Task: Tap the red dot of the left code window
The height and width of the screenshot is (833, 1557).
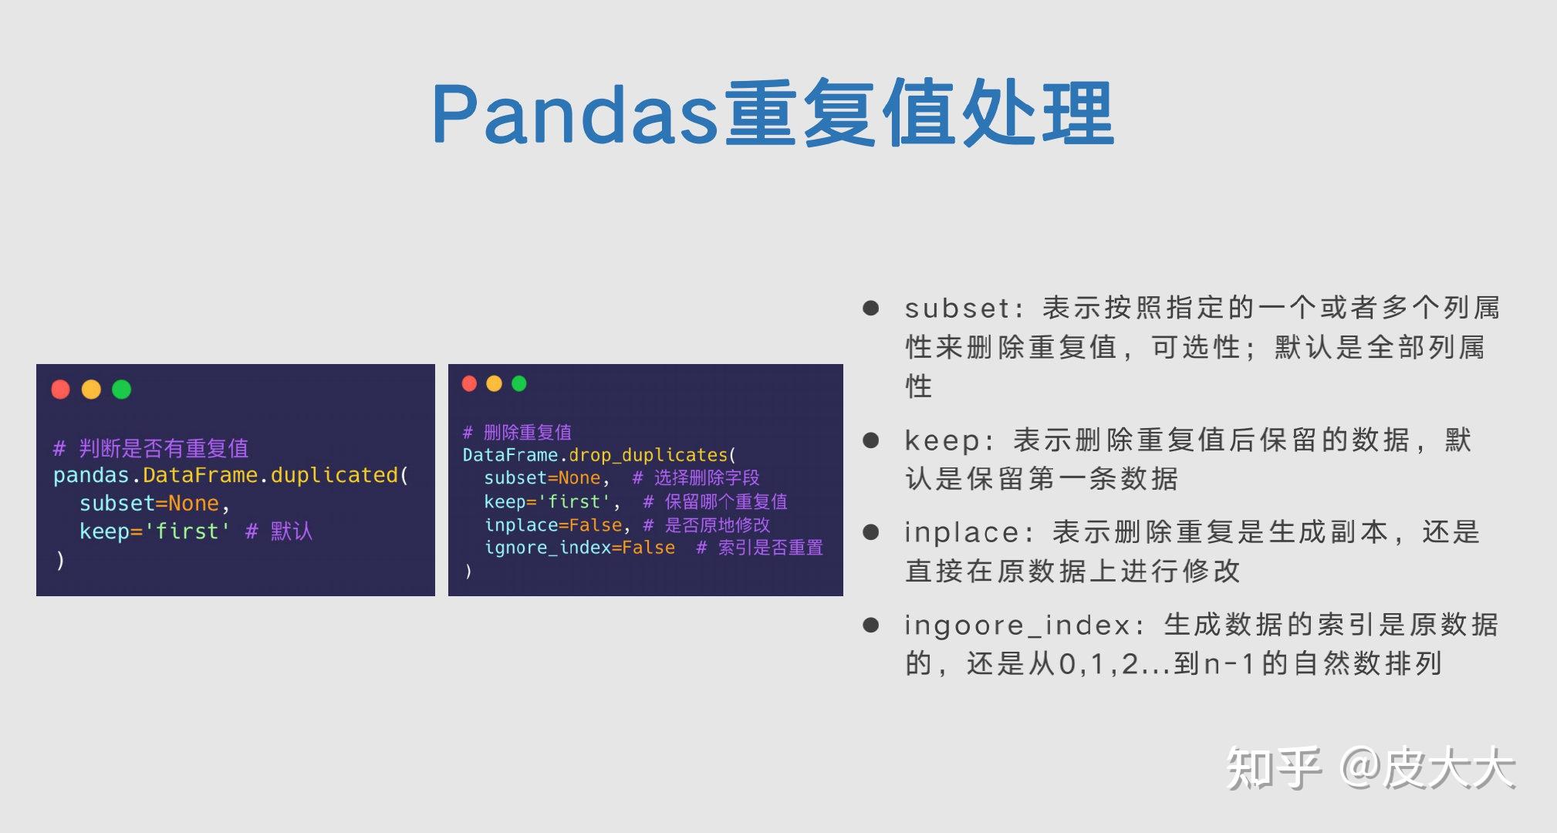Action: pos(61,390)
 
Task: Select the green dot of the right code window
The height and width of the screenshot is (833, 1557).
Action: pos(519,383)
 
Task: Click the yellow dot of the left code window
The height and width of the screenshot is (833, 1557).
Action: pos(91,390)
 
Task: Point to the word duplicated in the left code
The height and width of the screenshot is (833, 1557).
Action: pos(334,475)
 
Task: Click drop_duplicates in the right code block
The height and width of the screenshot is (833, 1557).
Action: pos(648,455)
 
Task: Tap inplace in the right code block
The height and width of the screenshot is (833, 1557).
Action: pos(521,525)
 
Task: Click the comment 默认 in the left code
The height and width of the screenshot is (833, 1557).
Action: pos(291,531)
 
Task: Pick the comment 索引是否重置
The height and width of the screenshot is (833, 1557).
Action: pos(770,548)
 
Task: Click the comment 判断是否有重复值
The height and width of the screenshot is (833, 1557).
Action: pos(164,448)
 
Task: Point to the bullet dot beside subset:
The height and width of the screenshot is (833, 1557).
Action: pos(871,309)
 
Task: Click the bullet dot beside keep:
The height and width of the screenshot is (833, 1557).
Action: pos(871,440)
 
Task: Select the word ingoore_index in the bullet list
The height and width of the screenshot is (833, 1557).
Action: pos(1018,625)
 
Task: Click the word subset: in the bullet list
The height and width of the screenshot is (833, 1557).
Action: pos(957,309)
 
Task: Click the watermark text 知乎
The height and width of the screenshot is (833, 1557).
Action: pos(1273,768)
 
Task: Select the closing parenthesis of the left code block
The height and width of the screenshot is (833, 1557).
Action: pos(60,560)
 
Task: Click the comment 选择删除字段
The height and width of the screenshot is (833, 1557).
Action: pos(707,478)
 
